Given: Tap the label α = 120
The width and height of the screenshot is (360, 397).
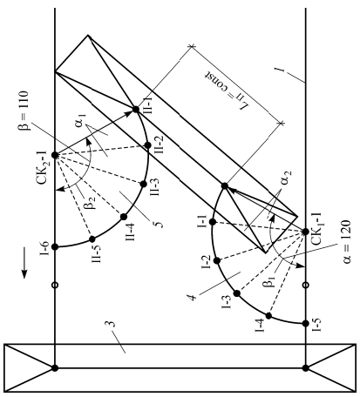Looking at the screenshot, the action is pos(347,242).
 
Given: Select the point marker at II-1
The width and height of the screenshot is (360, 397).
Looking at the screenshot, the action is pos(136,110).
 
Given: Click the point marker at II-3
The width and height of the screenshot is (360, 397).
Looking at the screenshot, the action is pos(143,184).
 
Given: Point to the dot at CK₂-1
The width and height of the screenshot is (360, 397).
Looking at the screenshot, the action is pos(55,155).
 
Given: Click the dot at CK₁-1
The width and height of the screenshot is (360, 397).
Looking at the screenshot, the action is pos(305,232).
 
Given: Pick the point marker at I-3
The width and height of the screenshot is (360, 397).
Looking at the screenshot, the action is pos(237,293).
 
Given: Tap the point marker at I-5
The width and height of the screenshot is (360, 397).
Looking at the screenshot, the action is pos(305,323).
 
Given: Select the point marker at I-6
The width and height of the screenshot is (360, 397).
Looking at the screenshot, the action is pos(55,246).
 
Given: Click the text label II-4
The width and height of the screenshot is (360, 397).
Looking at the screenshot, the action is pos(130,232).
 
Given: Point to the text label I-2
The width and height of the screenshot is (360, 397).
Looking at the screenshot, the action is pos(207,262).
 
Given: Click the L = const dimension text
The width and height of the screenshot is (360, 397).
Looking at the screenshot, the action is pos(227,90).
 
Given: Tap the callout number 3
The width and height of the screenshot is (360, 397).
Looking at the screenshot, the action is pos(112,325).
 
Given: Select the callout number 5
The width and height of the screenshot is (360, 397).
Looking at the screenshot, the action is pos(160,224).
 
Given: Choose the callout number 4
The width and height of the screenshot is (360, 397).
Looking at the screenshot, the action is pos(194,297).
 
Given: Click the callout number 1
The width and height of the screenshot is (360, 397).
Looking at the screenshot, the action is pos(280,70).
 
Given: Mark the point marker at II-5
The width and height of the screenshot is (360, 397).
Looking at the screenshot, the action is pos(92,239).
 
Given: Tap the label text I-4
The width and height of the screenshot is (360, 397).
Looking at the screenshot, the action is pos(260,326).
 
